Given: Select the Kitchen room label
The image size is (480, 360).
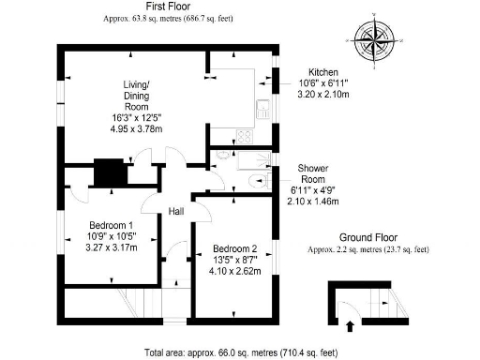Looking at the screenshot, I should pos(309,72).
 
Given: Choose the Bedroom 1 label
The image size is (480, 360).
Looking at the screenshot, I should pos(111,226).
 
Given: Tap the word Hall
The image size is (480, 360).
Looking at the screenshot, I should pos(176,212).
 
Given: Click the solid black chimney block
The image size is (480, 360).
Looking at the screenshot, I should pos(111,172).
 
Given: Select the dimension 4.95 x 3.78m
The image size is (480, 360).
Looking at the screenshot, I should pos(137,128).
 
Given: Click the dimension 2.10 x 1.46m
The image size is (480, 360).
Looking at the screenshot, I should pos(311,201).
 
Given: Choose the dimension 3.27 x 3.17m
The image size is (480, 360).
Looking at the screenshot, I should pos(112,248).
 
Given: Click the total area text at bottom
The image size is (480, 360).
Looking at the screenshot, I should pos(240,352).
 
